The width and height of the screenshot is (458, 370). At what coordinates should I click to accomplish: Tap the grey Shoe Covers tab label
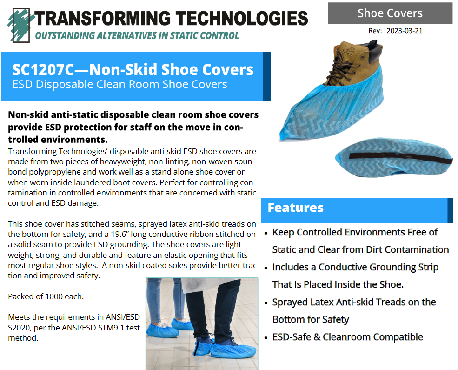pyautogui.click(x=390, y=13)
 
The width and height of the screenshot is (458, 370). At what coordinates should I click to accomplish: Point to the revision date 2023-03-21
pyautogui.click(x=405, y=31)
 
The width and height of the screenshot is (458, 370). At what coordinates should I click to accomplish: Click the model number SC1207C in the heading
pyautogui.click(x=43, y=70)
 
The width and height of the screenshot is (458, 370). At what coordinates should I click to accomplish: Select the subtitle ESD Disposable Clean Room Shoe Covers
pyautogui.click(x=119, y=84)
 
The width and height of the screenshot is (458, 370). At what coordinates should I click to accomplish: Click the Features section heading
pyautogui.click(x=295, y=208)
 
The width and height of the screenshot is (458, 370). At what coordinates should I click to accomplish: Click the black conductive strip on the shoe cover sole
pyautogui.click(x=400, y=158)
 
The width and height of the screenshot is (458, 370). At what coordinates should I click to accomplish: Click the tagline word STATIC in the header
pyautogui.click(x=184, y=36)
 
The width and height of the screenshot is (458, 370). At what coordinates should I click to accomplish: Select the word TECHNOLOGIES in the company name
pyautogui.click(x=242, y=18)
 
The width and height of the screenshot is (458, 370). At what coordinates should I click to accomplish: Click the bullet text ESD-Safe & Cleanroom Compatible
pyautogui.click(x=348, y=337)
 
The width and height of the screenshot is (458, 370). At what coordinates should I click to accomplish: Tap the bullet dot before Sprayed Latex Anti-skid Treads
pyautogui.click(x=266, y=303)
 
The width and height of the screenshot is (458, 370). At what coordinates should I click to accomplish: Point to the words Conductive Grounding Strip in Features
pyautogui.click(x=378, y=267)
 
